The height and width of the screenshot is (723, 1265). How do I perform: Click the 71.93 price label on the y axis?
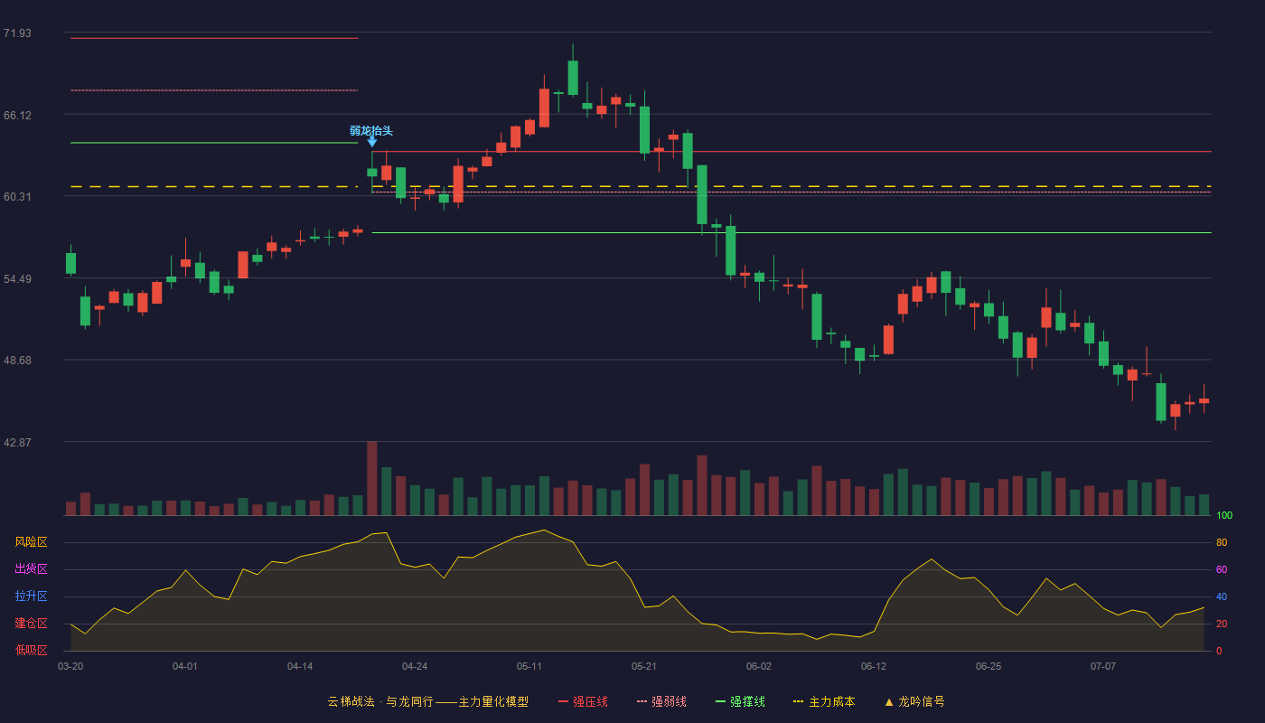17,33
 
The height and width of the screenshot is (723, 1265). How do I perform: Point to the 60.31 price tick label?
17,197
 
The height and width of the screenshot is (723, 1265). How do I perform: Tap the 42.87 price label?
17,442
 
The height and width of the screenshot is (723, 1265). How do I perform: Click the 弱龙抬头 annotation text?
371,131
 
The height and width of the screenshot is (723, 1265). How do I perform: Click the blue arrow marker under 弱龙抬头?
372,142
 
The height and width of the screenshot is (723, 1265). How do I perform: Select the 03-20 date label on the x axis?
70,667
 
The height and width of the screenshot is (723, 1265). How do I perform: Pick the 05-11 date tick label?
529,667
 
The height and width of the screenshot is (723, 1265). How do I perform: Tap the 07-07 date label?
1103,667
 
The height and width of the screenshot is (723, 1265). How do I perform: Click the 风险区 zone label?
31,542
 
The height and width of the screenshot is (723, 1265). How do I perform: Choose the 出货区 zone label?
31,568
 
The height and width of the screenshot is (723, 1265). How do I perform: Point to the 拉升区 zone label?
31,596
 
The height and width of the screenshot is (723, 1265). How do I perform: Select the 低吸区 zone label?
31,650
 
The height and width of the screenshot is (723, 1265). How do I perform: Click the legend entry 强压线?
583,701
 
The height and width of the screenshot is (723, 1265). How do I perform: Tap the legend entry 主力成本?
824,701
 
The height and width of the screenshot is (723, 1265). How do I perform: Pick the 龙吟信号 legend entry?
914,701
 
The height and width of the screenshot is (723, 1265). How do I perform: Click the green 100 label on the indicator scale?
1224,515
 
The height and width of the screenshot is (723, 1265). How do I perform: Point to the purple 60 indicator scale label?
1222,569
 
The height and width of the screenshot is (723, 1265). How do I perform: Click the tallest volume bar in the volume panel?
372,478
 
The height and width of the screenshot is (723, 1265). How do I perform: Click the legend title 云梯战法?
351,701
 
